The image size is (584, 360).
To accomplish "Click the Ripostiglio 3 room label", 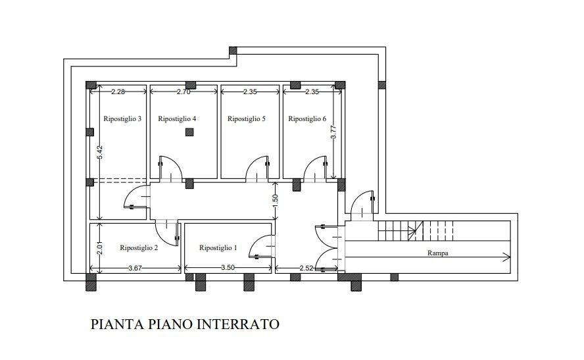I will (123, 119).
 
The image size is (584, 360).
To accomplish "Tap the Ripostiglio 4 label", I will (178, 119).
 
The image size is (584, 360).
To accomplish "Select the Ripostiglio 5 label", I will (246, 119).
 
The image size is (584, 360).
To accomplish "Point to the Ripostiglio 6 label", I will (307, 119).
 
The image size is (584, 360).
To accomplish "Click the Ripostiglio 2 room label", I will (139, 248).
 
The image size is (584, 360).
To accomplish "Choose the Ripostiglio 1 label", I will (218, 248).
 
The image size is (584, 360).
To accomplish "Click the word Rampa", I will (437, 253).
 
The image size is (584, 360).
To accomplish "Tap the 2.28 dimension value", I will (118, 92).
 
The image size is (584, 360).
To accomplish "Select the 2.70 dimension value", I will (183, 92).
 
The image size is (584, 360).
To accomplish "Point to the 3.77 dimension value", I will (333, 132).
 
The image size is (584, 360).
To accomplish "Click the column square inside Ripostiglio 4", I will (189, 132).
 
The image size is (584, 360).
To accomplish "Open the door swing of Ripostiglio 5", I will (258, 169).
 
